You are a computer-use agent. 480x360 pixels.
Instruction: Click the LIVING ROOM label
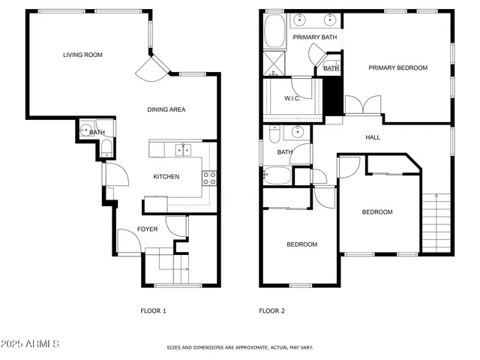click(x=82, y=55)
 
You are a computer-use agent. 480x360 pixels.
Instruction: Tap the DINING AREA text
click(x=166, y=109)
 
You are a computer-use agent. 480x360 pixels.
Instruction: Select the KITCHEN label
click(x=166, y=177)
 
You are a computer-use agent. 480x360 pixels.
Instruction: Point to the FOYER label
click(x=147, y=229)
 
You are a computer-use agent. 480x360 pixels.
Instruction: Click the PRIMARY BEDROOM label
click(x=397, y=68)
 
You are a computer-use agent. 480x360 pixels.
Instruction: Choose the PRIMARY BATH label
click(x=314, y=37)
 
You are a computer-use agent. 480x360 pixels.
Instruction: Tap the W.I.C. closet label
click(x=292, y=99)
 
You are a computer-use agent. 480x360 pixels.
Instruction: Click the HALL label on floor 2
click(x=373, y=137)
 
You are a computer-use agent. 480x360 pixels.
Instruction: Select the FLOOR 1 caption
click(x=153, y=310)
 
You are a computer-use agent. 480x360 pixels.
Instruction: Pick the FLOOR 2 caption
click(x=271, y=310)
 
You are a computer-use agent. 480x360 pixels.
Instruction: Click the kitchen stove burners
click(x=209, y=178)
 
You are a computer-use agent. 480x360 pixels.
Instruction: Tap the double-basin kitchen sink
click(x=182, y=149)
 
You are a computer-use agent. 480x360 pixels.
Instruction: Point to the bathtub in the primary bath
click(x=272, y=31)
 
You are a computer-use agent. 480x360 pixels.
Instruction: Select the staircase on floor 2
click(x=438, y=222)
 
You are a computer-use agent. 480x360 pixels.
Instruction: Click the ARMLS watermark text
click(x=31, y=343)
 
